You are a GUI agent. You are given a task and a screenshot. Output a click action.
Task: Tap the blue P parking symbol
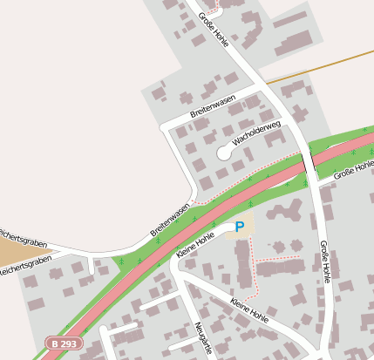tap(240, 227)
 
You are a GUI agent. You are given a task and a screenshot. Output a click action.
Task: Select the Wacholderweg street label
tap(255, 134)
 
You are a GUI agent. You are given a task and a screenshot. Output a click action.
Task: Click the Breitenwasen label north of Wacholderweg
tap(213, 107)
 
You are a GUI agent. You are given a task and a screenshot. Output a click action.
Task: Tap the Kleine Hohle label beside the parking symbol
tap(195, 244)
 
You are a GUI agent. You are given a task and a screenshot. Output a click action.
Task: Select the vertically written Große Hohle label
tap(325, 262)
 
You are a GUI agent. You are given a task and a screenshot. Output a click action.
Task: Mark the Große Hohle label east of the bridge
tap(354, 169)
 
